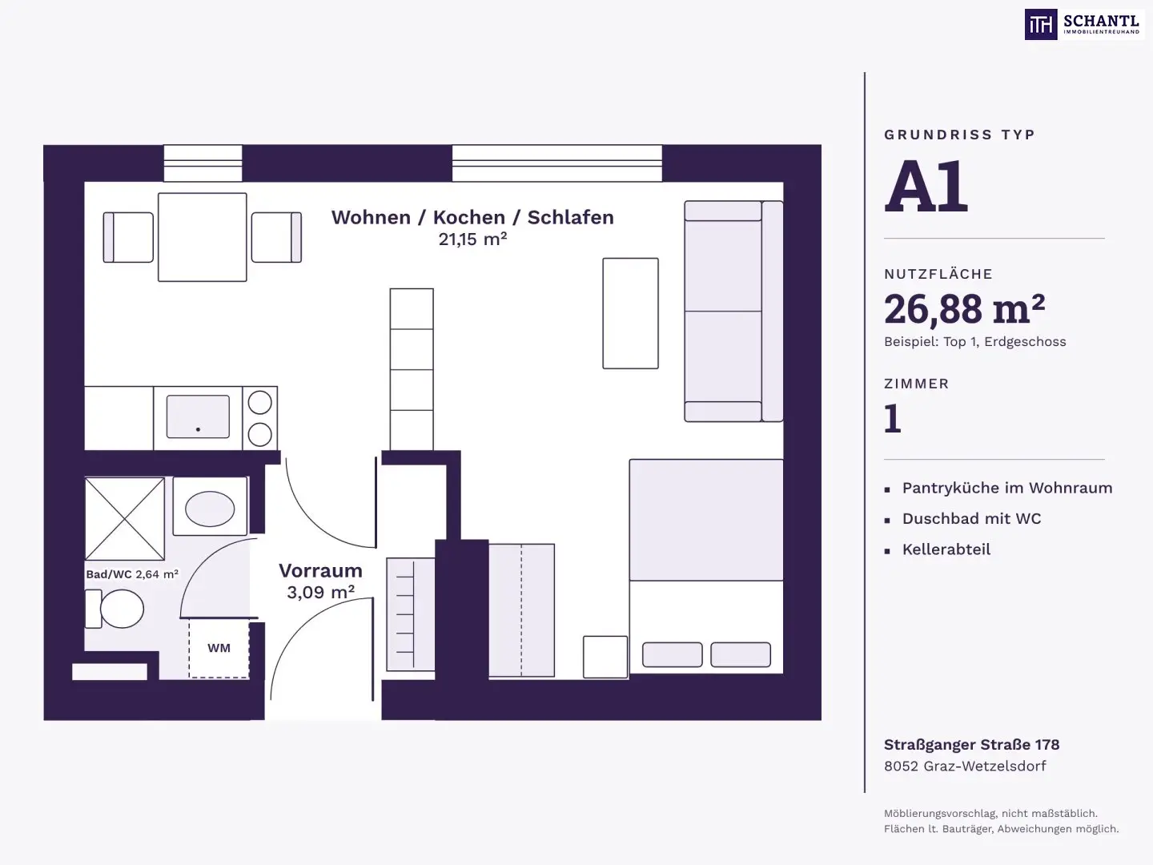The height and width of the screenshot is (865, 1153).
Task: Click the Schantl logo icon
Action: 1041,24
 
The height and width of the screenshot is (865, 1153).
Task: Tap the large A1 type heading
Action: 926,186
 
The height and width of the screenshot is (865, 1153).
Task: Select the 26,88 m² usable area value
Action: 964,309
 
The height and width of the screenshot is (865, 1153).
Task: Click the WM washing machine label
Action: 219,648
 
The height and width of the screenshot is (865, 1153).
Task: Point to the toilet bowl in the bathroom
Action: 122,609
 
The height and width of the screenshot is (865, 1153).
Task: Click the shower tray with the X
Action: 124,518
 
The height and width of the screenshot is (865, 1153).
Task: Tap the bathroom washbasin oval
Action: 210,509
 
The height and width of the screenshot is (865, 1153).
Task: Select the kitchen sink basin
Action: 198,416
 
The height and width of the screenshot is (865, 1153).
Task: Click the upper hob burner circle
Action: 259,404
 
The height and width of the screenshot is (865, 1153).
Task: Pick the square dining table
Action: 203,237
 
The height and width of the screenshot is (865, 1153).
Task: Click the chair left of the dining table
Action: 128,237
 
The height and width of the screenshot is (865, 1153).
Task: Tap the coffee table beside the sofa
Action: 630,313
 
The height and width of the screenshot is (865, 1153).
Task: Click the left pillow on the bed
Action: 673,654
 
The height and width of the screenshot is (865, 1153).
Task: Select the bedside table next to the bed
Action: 605,657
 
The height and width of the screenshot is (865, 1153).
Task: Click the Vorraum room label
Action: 320,570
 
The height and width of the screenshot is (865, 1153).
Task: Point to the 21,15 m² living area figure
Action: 472,239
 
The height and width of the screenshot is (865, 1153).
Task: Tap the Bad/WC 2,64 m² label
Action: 132,574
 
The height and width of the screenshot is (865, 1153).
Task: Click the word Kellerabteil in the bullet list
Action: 946,549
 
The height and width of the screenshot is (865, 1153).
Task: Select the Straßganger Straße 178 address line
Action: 972,745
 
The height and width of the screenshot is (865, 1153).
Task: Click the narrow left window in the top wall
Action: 203,163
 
